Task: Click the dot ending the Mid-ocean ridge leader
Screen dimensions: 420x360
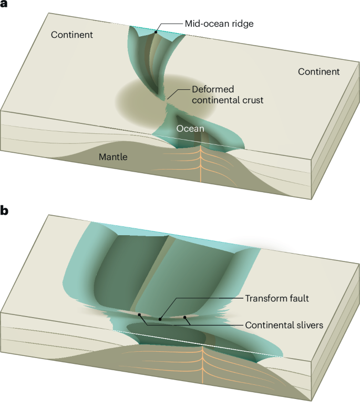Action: click(x=156, y=33)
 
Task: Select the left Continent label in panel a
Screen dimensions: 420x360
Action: click(x=72, y=35)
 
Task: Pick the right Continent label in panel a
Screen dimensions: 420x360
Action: click(x=319, y=71)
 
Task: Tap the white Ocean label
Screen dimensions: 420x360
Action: click(x=190, y=128)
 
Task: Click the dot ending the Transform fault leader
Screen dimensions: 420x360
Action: click(x=160, y=319)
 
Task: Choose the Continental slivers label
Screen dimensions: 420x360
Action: click(x=284, y=325)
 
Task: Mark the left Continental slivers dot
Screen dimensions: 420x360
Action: click(x=140, y=315)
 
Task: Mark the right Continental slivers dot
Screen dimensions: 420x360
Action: click(x=185, y=317)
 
